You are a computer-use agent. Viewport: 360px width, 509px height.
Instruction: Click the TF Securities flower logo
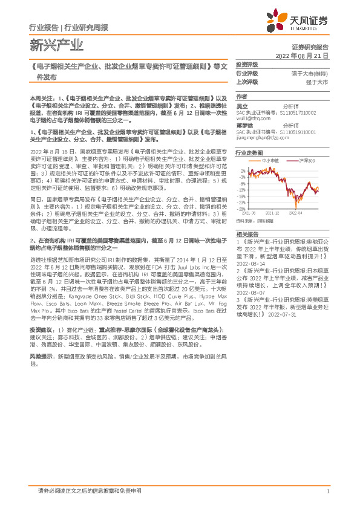[x=280, y=20]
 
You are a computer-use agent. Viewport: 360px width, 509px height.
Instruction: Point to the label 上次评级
[x=247, y=81]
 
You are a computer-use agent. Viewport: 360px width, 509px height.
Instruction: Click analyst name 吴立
[x=241, y=106]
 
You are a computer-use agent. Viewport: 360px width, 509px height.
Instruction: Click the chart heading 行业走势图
[x=249, y=153]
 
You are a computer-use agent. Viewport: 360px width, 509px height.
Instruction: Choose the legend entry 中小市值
[x=270, y=161]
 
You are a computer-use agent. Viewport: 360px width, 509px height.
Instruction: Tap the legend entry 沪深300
[x=307, y=161]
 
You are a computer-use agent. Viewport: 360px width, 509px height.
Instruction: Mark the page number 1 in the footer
[x=327, y=491]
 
